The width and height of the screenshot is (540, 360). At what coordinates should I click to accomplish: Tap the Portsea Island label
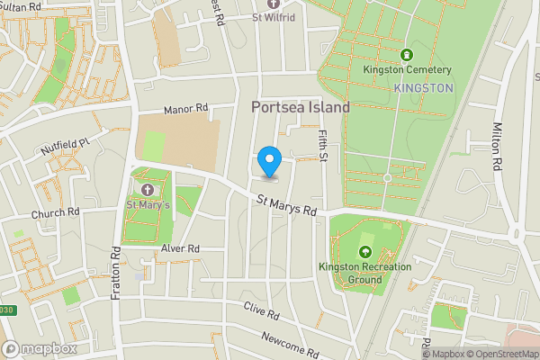(x=299, y=107)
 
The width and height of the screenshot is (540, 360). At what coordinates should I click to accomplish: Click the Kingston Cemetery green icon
(x=406, y=55)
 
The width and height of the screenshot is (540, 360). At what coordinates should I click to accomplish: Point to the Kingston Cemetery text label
(x=407, y=70)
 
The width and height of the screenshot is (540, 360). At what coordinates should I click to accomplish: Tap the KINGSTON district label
(x=423, y=87)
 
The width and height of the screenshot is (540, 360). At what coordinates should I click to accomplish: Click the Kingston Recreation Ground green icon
(x=365, y=251)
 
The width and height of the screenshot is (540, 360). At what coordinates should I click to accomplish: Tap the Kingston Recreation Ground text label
(x=364, y=273)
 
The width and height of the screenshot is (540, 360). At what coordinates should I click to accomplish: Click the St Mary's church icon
(x=148, y=189)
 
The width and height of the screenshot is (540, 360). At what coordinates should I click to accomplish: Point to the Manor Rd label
(x=185, y=109)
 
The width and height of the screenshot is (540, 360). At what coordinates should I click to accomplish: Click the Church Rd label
(x=56, y=213)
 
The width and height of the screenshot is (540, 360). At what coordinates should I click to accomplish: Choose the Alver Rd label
(x=180, y=248)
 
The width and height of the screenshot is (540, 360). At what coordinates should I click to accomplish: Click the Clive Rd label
(x=262, y=313)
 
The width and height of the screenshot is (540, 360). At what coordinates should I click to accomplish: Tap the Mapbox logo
(x=40, y=348)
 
